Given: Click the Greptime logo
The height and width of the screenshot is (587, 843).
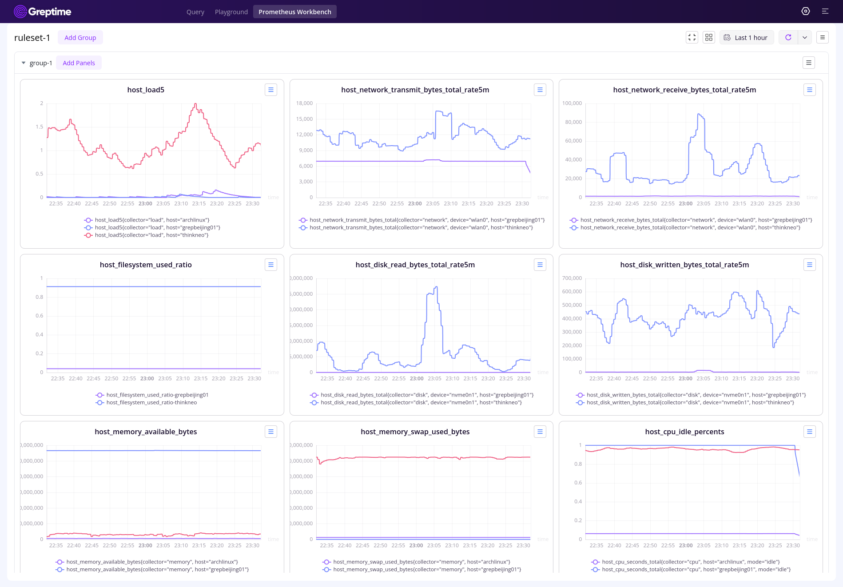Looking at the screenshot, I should (43, 12).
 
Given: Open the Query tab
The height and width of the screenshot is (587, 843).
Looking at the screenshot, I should (195, 12).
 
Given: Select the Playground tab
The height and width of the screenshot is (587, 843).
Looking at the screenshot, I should (231, 12).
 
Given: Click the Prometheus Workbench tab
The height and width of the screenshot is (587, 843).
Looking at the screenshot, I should (294, 12).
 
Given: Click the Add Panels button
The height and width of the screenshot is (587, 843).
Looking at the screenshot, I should (79, 63).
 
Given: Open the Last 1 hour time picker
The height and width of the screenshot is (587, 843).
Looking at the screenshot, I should (746, 38).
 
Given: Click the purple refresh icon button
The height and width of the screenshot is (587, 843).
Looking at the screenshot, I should (788, 38).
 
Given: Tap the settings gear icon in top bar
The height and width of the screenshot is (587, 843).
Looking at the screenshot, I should (805, 12).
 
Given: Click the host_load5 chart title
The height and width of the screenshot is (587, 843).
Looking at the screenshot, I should (146, 90).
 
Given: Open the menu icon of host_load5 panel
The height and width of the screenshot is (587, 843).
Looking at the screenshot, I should (270, 90).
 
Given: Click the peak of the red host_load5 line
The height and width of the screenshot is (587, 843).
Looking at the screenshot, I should (195, 104).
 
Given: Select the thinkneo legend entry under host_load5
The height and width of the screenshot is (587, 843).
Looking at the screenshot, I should (151, 235).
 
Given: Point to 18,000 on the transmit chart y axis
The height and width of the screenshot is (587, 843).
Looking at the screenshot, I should (304, 103).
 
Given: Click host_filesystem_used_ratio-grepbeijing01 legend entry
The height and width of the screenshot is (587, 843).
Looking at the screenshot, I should (157, 395).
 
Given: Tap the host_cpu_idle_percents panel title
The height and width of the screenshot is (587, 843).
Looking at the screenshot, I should (684, 432).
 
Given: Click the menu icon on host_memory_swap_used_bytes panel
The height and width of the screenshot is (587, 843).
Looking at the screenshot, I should (540, 432).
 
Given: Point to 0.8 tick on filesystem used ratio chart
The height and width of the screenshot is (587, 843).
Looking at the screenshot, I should (40, 297).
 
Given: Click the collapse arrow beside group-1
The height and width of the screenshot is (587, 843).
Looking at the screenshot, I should (24, 63).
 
